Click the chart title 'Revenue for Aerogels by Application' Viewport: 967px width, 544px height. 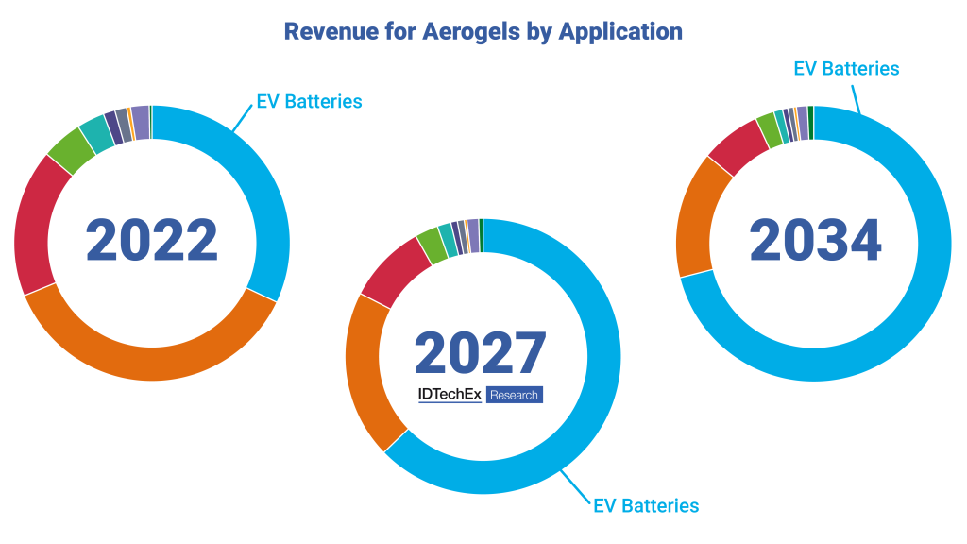(483, 31)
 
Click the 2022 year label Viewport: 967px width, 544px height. (152, 241)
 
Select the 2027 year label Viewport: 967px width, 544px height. (481, 352)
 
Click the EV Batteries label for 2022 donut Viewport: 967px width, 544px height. (309, 102)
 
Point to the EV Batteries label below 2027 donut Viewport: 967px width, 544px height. (646, 505)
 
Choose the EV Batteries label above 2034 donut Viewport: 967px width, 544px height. (846, 69)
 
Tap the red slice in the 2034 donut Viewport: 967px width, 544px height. (736, 149)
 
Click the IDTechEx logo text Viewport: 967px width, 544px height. (450, 395)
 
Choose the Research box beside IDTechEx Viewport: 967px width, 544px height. (515, 395)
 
